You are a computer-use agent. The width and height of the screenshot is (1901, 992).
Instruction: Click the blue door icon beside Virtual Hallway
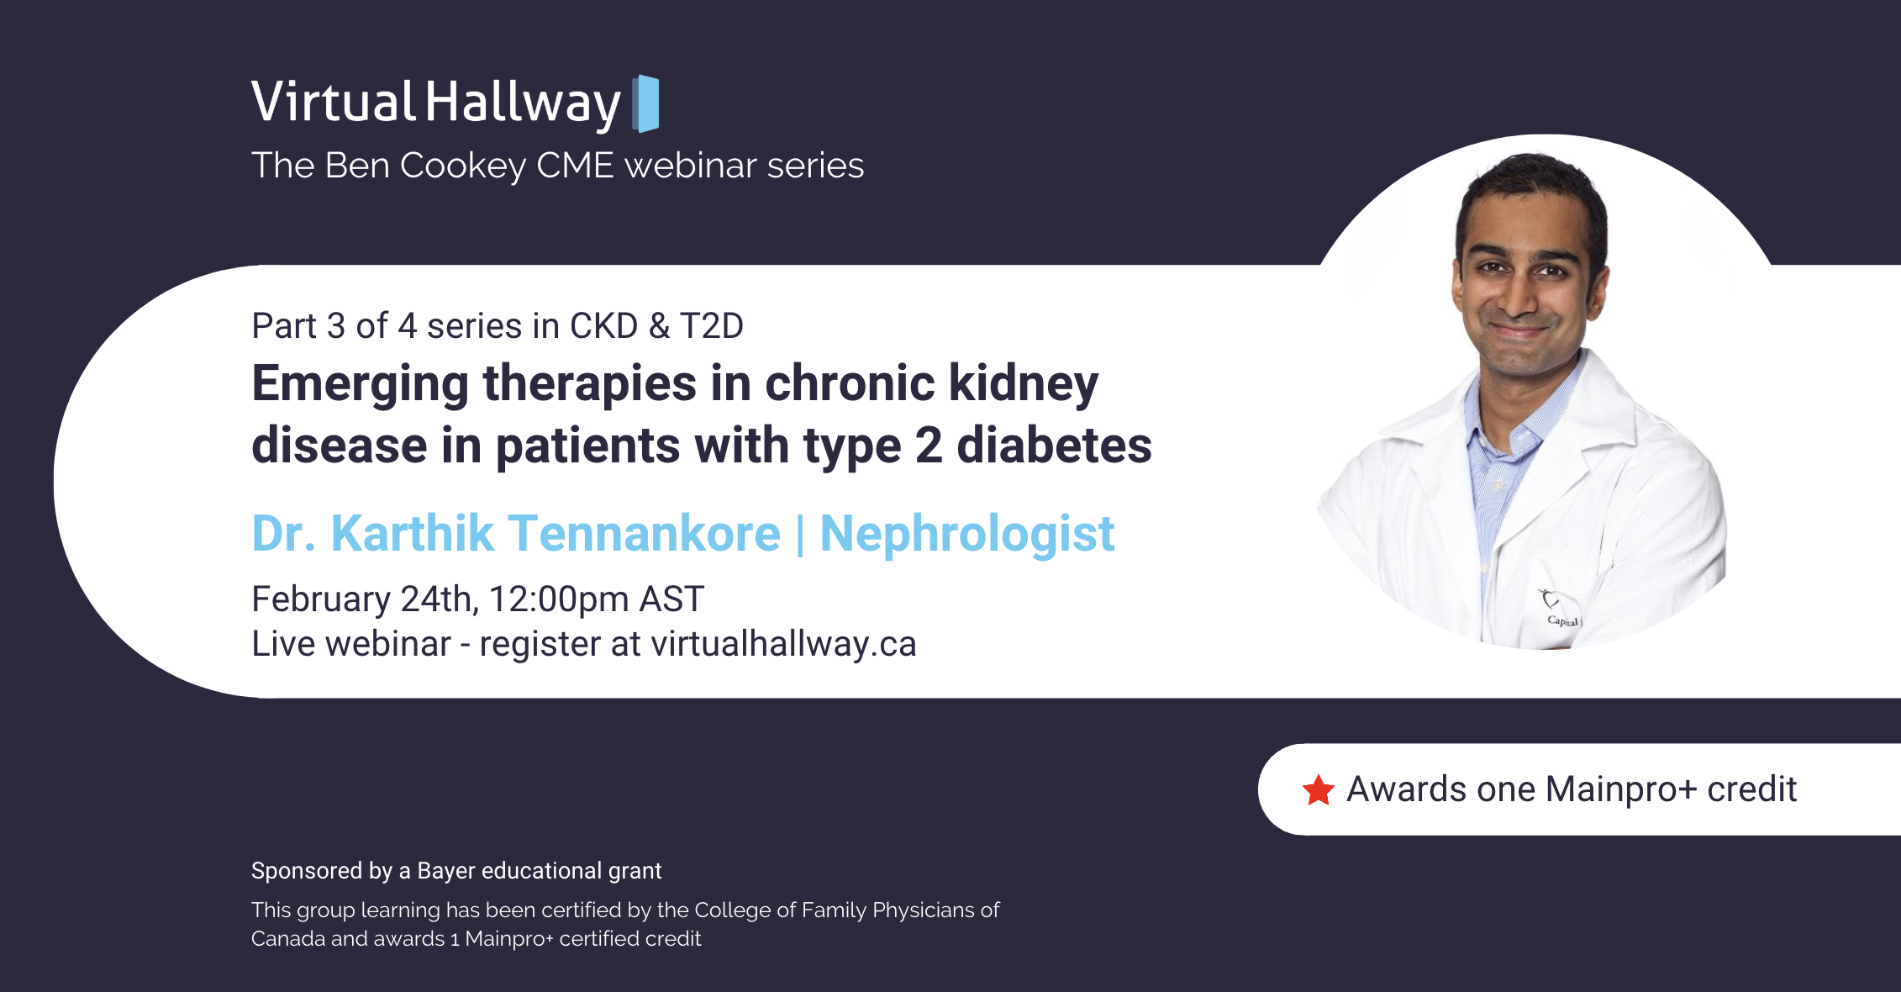(645, 103)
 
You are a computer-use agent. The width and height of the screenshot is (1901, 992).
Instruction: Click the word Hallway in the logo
(522, 103)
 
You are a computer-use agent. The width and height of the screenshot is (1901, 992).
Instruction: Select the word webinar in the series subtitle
(691, 166)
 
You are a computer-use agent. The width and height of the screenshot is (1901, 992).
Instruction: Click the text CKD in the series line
(603, 326)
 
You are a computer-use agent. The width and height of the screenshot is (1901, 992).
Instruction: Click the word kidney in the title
(1023, 383)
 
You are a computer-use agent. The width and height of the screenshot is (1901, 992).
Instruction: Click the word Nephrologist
(966, 534)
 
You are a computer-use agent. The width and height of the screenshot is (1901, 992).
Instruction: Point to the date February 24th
(363, 599)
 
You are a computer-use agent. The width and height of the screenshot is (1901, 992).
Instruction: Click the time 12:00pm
(559, 599)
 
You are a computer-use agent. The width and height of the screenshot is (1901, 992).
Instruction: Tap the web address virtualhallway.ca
(783, 645)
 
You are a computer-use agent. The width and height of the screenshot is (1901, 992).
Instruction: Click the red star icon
(1318, 790)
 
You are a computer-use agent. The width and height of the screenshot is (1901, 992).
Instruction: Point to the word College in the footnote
(730, 910)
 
